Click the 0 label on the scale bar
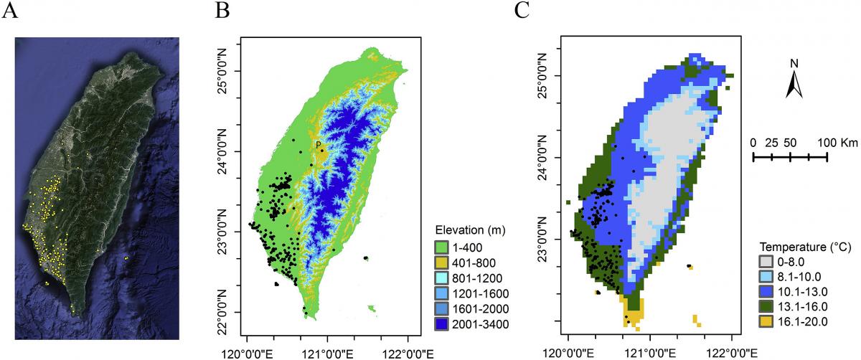coord(753,142)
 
